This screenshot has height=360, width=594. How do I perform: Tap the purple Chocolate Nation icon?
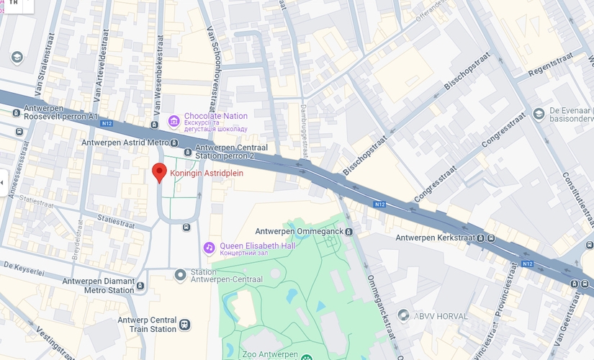coord(174,121)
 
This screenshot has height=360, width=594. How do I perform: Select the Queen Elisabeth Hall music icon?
coord(209,248)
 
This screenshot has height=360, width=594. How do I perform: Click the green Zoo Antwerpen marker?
coord(307,356)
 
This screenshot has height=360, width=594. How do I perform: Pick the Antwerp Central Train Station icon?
coord(185,325)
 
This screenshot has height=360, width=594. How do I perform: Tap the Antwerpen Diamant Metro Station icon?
coord(140,286)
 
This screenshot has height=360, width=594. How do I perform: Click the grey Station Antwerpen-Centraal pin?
coord(180,275)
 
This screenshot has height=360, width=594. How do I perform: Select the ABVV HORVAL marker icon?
coord(403,315)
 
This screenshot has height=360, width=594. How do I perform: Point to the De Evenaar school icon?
coord(539,114)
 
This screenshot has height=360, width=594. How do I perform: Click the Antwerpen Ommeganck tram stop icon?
coord(348,231)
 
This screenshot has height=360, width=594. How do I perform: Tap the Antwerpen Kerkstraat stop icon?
coord(490,238)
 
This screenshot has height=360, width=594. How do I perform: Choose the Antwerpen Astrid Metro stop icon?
coord(187,152)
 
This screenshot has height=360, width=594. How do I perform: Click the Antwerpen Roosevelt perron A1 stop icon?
coord(17,112)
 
